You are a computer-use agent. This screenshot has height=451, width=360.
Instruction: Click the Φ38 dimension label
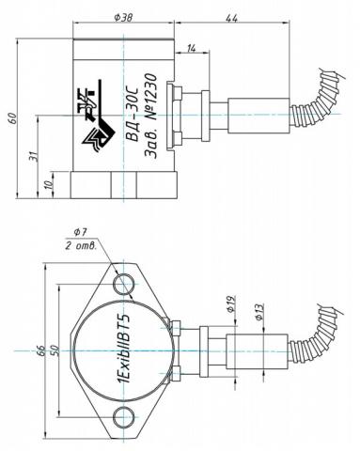click(x=123, y=17)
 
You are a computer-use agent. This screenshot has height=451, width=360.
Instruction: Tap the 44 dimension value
click(x=232, y=19)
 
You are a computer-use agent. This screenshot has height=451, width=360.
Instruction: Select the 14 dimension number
click(x=192, y=48)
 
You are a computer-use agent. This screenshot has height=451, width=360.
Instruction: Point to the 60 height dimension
click(x=13, y=118)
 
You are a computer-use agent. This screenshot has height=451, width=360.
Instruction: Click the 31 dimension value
click(x=35, y=156)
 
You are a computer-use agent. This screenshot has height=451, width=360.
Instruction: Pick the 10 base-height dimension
click(x=51, y=185)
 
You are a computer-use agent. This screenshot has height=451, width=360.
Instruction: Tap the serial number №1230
click(x=151, y=98)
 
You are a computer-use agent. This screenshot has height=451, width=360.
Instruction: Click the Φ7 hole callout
click(x=80, y=233)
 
